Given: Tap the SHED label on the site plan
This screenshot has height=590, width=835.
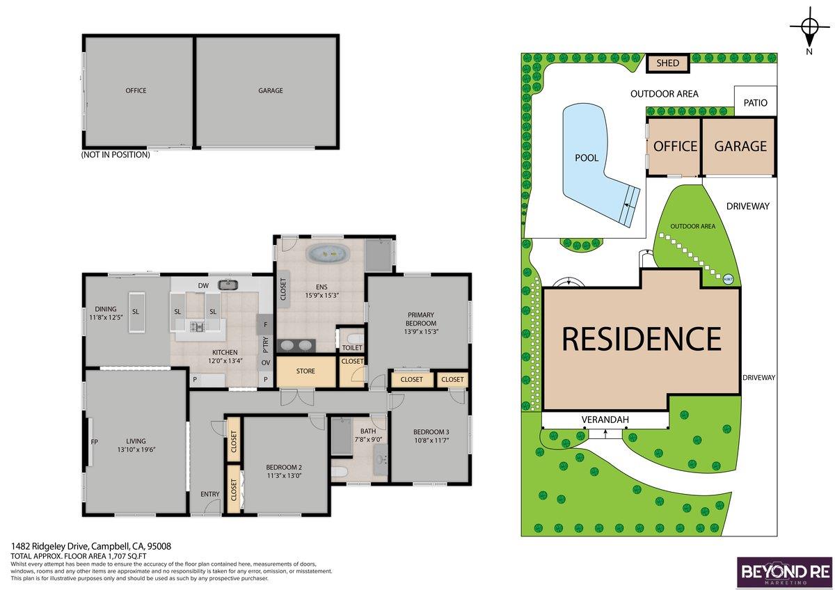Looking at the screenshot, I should point(667,63).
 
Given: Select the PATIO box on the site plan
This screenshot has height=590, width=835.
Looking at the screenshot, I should point(755,103).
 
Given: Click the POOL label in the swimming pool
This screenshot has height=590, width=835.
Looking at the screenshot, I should point(587,158).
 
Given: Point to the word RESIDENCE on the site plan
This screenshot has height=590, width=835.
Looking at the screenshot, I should point(641,339).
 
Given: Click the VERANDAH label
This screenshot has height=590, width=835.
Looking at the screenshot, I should point(605,420).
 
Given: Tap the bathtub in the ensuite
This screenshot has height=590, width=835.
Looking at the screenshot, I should point(330,254).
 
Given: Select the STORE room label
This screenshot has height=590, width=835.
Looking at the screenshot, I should point(305,371).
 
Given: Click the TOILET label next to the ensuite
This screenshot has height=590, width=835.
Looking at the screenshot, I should point(352,347).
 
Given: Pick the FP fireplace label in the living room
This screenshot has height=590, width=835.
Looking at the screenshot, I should point(94,441).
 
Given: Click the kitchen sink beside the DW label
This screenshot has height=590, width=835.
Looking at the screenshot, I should point(226,285).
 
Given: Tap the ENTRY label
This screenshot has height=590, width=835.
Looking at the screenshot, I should point(209,495).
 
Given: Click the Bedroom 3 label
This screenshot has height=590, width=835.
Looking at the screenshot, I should point(431,431).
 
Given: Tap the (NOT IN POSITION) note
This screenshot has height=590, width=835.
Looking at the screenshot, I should point(116,155).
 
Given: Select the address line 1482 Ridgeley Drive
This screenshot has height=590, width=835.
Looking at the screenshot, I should point(91,547).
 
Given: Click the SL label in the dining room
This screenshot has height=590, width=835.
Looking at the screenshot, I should point(136,311).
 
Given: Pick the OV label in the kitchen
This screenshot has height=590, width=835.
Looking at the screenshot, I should point(265,362).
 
